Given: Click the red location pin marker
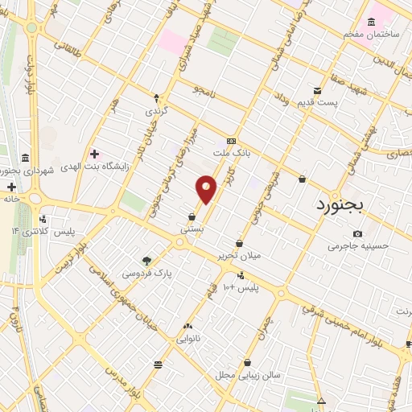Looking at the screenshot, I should [207, 189].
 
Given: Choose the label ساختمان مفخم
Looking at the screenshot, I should [370, 35].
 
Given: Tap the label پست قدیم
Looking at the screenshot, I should [339, 102].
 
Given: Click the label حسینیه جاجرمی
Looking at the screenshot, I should [358, 245].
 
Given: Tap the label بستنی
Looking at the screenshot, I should [192, 229].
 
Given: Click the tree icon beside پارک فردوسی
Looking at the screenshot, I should [146, 261].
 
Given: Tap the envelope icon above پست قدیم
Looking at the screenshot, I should [318, 90].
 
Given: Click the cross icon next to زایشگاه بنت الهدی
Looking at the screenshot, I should [95, 154].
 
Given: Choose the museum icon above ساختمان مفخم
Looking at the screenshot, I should [370, 22].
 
